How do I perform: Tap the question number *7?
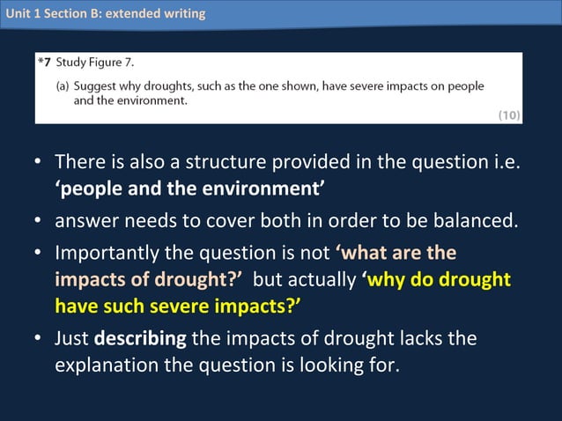[44, 63]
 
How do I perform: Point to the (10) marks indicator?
[509, 114]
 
